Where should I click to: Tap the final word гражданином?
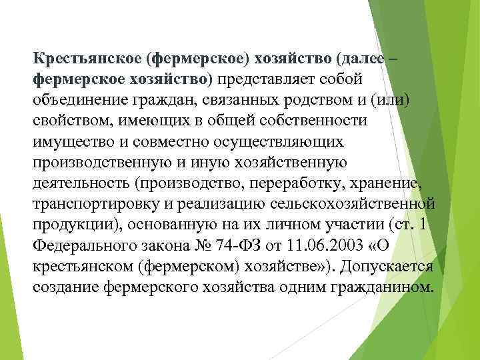point(383,286)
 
